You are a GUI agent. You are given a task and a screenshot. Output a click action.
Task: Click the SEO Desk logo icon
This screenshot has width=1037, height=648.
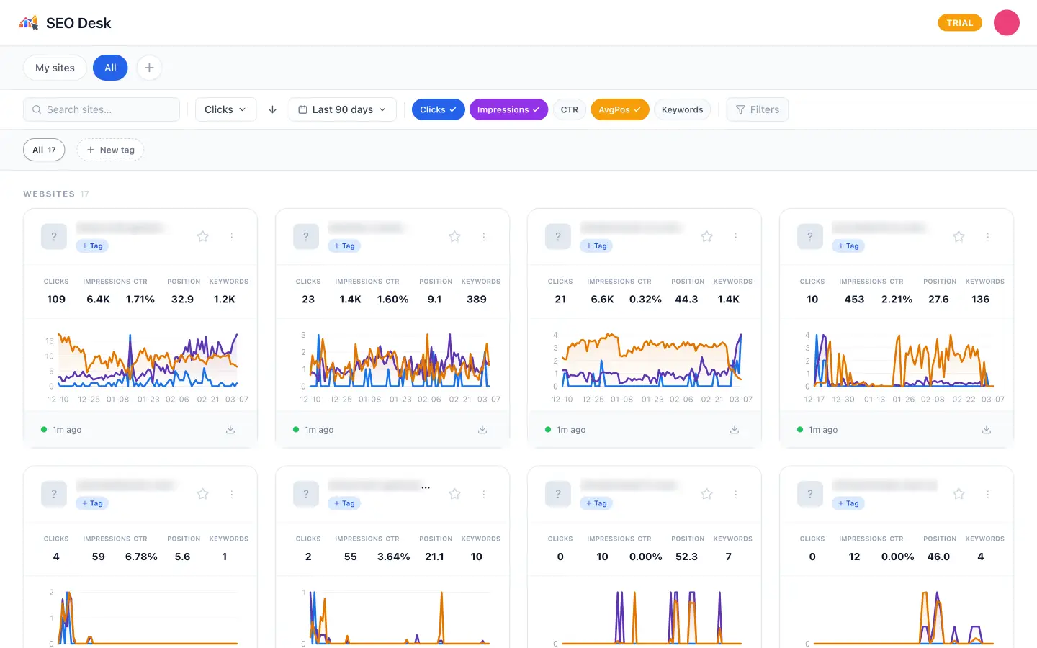29,23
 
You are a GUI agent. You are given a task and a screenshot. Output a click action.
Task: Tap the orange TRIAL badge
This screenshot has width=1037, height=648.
959,23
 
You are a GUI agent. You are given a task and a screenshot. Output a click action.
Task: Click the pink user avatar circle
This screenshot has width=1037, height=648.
1006,23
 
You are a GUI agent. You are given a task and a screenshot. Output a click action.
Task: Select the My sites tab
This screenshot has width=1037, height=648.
55,68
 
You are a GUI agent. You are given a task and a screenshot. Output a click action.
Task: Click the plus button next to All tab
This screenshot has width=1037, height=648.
149,68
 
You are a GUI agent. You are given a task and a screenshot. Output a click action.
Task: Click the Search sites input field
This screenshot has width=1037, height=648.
102,109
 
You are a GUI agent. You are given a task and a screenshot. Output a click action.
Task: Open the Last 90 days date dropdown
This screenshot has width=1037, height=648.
342,109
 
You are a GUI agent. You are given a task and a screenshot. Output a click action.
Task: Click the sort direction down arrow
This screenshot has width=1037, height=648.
272,109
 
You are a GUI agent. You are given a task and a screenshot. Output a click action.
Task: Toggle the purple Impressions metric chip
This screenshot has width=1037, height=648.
508,109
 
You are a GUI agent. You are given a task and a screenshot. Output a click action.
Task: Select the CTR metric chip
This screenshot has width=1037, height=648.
569,109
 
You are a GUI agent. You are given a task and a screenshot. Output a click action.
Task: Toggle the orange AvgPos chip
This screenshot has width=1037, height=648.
619,109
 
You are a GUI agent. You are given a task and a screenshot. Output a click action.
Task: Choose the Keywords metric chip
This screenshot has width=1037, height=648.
682,109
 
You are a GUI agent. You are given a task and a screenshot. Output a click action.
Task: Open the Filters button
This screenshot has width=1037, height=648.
758,109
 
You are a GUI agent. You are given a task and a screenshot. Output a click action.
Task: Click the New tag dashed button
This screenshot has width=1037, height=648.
110,150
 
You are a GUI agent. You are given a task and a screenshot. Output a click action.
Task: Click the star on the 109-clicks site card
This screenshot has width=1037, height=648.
203,237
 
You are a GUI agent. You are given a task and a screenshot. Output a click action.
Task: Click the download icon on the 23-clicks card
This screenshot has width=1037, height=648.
482,430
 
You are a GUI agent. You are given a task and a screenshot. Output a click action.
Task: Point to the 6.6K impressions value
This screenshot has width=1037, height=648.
602,300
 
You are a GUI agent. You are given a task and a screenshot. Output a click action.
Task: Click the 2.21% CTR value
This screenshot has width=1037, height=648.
897,300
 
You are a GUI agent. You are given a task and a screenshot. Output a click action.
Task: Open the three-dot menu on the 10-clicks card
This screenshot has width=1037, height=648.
987,237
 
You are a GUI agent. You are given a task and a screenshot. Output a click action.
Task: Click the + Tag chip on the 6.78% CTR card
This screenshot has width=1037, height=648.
92,503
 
